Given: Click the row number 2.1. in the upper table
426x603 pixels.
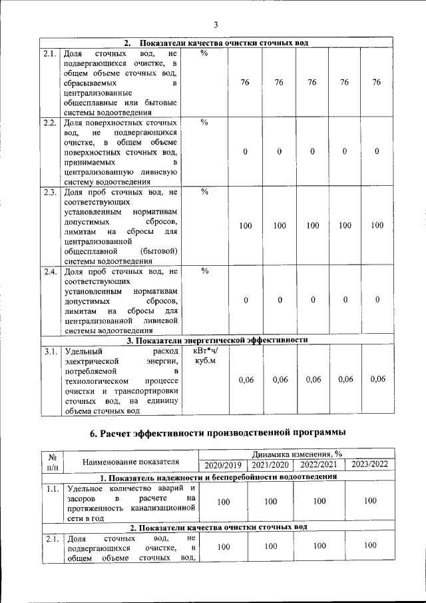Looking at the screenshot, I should [x=49, y=53].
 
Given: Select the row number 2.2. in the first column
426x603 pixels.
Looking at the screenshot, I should [x=49, y=123].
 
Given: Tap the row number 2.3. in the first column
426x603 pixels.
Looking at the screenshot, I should [x=49, y=193].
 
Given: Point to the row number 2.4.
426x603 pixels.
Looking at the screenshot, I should [x=49, y=271].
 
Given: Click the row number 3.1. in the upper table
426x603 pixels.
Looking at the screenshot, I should [x=49, y=350].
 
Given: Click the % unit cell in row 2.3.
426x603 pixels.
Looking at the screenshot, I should [x=204, y=193].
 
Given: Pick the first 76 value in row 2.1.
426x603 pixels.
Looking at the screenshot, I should [x=245, y=83].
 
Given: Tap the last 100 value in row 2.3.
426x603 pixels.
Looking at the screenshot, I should [x=377, y=226].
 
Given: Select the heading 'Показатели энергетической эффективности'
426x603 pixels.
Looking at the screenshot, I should [x=217, y=340].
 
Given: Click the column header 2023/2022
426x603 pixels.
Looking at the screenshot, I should [x=370, y=464].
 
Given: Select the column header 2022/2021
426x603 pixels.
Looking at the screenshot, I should [x=319, y=464].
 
